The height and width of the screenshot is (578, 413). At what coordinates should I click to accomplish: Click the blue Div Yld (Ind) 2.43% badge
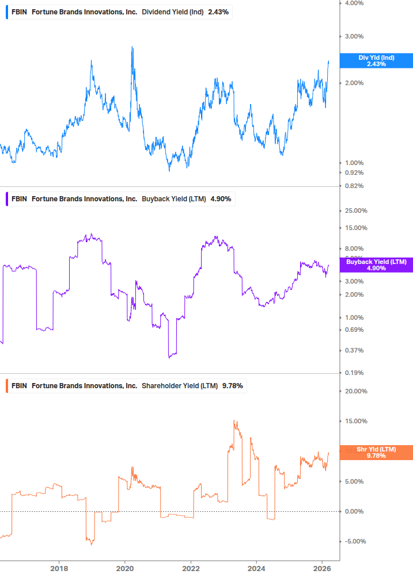(376, 60)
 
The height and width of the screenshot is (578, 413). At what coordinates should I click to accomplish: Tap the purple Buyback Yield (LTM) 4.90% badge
(376, 265)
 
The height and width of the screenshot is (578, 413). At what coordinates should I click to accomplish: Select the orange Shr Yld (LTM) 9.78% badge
(376, 452)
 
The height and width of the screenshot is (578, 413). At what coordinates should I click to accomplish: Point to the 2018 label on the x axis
(59, 568)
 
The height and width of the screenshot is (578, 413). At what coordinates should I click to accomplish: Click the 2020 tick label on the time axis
(125, 568)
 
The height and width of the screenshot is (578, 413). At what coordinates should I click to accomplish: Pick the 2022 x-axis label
(191, 568)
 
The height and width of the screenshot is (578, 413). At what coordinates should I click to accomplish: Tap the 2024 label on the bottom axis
(256, 568)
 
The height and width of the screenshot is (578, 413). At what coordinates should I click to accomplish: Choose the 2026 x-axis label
(321, 568)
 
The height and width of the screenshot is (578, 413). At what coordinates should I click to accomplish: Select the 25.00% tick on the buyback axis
(355, 210)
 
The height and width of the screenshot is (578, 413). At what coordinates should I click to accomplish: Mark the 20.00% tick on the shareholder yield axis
(355, 391)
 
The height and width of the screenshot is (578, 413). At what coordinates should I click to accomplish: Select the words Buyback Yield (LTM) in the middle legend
(174, 199)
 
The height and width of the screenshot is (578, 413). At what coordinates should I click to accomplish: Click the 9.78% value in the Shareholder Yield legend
(232, 385)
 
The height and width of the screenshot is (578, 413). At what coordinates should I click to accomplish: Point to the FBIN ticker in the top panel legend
(20, 12)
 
